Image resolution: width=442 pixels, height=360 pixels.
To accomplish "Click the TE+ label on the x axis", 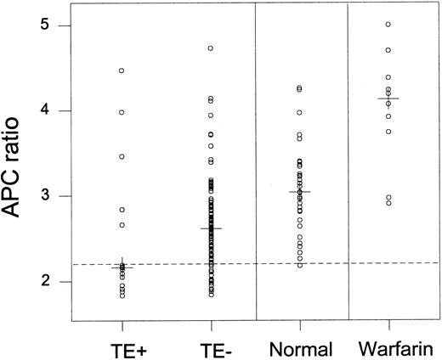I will (122, 347).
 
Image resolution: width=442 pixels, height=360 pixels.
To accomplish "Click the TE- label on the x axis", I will (211, 347).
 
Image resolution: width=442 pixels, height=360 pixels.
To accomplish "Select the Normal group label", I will (299, 347).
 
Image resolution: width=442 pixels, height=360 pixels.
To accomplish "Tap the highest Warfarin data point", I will (388, 25).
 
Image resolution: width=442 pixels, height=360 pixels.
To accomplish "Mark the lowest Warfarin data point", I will (388, 203).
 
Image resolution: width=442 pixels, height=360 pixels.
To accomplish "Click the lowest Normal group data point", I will (299, 265).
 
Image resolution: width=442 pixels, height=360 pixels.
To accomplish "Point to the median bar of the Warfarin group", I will (388, 98).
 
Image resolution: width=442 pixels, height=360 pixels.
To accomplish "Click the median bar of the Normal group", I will (299, 192).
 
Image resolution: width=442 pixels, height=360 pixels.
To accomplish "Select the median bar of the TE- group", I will (211, 228).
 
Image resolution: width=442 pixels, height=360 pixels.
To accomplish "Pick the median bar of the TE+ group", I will (122, 267).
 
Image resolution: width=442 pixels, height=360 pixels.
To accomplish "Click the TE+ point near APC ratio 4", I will (122, 112).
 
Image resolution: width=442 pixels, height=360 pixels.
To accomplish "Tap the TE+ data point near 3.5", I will (122, 156).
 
